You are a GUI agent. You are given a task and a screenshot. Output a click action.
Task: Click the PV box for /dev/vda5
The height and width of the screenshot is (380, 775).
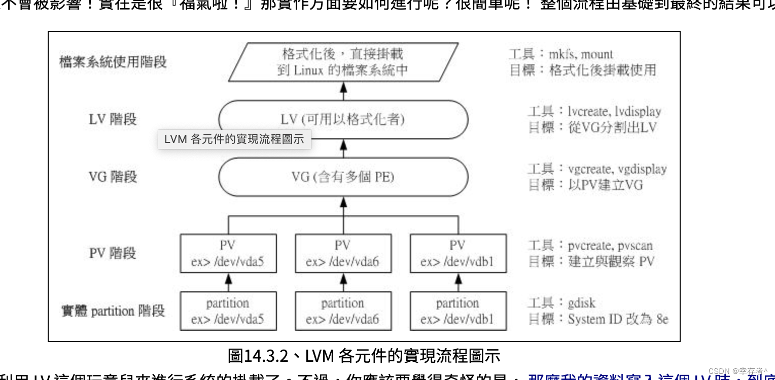pyautogui.click(x=228, y=253)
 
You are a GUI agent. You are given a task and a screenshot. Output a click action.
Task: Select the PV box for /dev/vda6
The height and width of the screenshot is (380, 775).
pyautogui.click(x=343, y=253)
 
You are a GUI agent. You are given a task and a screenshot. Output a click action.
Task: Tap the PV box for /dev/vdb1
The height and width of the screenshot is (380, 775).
pyautogui.click(x=457, y=253)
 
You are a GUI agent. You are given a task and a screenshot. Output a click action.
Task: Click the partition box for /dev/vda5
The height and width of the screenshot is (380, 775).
pyautogui.click(x=228, y=311)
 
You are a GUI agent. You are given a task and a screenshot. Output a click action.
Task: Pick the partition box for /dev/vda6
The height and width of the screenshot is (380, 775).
pyautogui.click(x=343, y=311)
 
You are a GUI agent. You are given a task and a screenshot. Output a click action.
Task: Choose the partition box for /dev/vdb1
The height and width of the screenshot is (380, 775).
pyautogui.click(x=457, y=311)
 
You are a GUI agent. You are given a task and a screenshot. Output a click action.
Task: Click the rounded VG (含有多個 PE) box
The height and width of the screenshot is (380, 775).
pyautogui.click(x=343, y=177)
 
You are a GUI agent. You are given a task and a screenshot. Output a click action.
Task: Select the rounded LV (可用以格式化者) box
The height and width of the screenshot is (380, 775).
pyautogui.click(x=343, y=120)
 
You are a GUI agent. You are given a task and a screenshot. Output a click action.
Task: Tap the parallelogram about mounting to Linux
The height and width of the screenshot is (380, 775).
pyautogui.click(x=343, y=62)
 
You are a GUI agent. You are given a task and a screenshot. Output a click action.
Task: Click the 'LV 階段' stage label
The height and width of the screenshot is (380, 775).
pyautogui.click(x=113, y=120)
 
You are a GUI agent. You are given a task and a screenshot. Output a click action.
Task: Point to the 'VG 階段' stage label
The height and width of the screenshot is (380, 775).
pyautogui.click(x=113, y=177)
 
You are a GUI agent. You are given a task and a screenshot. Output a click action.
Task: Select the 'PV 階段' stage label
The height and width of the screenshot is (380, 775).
pyautogui.click(x=113, y=253)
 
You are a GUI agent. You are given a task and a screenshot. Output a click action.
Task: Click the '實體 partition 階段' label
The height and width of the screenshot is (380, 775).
pyautogui.click(x=113, y=311)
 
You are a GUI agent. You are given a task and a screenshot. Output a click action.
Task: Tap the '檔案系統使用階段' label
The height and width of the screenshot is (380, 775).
pyautogui.click(x=113, y=62)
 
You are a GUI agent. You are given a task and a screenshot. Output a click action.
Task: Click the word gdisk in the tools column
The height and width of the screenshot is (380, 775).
pyautogui.click(x=581, y=303)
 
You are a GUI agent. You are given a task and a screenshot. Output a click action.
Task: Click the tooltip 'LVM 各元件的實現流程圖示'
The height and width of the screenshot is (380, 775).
pyautogui.click(x=234, y=139)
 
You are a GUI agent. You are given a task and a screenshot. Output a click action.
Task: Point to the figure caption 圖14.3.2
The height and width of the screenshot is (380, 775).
pyautogui.click(x=364, y=356)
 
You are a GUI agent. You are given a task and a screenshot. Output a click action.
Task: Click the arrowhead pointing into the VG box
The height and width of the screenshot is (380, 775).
pyautogui.click(x=343, y=201)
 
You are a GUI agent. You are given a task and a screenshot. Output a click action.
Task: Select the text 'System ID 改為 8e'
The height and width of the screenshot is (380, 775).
pyautogui.click(x=618, y=319)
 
